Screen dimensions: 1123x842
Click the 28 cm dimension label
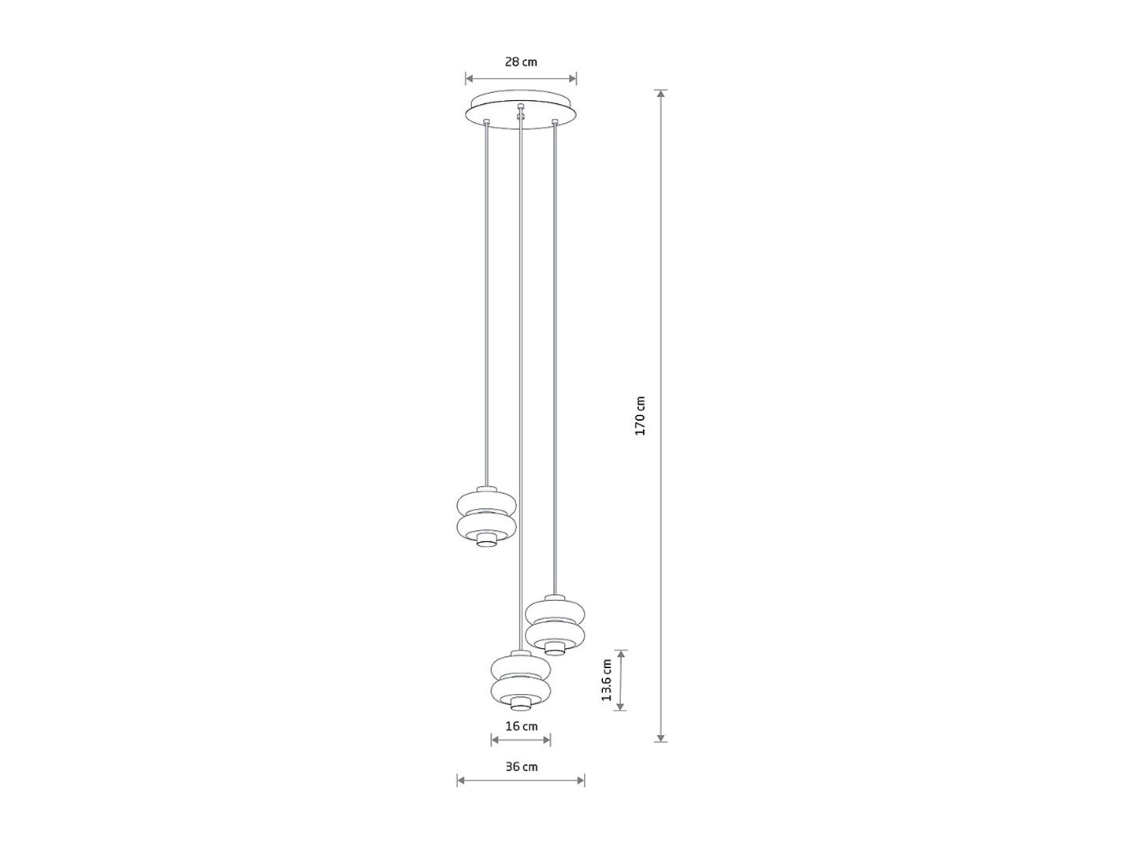521,62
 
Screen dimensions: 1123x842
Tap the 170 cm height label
640,416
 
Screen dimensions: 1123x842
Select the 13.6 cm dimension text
607,680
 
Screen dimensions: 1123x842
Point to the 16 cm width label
522,726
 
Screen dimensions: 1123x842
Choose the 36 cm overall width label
522,767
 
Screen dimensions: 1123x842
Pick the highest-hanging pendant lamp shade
485,517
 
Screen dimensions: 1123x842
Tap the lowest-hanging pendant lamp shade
521,681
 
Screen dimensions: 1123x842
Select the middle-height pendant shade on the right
555,625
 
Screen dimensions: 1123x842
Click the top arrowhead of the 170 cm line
661,94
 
